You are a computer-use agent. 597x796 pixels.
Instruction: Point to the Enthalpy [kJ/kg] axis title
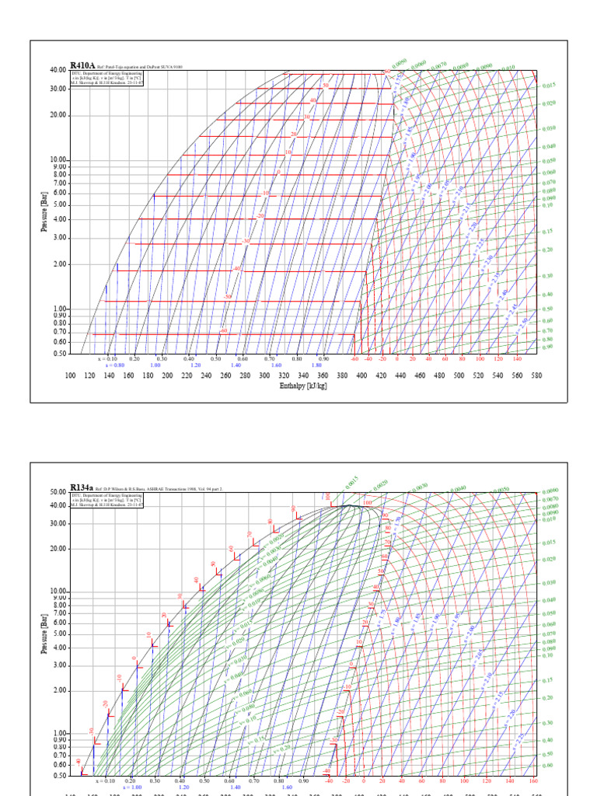[303, 386]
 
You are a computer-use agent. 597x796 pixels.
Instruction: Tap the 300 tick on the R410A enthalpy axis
[264, 375]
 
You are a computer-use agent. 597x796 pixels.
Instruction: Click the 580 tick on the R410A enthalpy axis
[536, 375]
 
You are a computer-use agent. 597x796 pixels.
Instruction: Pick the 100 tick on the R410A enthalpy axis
[70, 375]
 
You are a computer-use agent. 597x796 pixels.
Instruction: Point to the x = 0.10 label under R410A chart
[106, 358]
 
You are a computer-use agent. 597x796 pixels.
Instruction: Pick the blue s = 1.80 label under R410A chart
[317, 365]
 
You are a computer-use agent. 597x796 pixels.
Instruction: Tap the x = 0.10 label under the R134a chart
[105, 780]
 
